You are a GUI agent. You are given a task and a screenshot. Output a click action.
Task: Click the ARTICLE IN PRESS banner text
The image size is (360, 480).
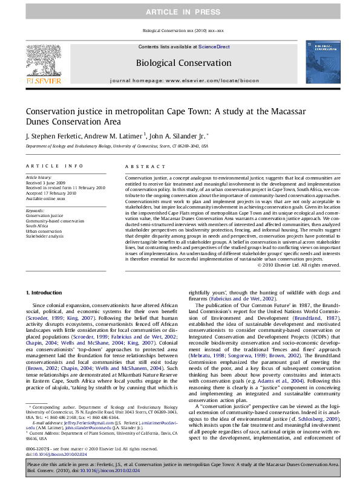tap(180, 12)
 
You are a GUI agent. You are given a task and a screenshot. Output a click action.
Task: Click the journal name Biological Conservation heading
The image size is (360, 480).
tap(183, 63)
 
